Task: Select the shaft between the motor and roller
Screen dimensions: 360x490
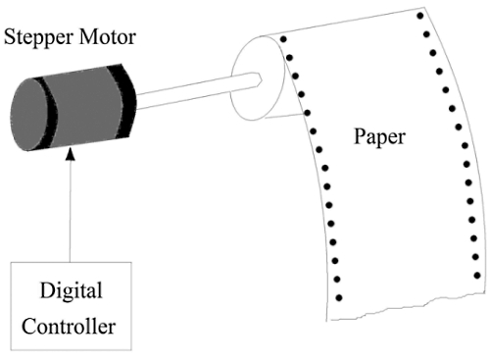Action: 186,93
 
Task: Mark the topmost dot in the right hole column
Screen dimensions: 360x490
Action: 421,17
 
